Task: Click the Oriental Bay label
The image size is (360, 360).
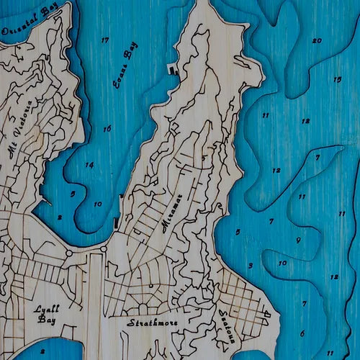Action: coord(30,22)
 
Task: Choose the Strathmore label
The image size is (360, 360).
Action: coord(152,323)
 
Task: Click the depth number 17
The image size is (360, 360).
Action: coord(106,40)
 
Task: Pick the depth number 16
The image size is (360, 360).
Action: coord(107,129)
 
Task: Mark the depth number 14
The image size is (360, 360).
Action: coord(89,165)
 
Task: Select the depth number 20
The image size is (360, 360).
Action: coord(317,40)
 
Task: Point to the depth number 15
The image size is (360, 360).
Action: coord(337,79)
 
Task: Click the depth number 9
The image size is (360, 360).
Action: coord(297,240)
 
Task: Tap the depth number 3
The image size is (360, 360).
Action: coord(250,266)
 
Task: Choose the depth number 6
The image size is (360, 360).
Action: coord(302,333)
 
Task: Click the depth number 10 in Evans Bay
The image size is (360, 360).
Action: coord(97,204)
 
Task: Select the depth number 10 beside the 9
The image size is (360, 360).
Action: coord(282,263)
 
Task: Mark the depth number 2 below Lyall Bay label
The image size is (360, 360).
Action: coord(43,351)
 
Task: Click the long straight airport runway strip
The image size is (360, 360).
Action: coord(96,302)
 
